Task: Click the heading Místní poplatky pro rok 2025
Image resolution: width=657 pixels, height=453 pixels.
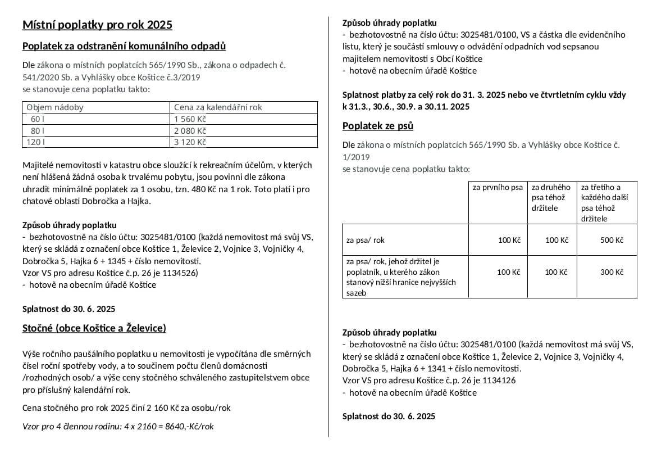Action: pyautogui.click(x=97, y=25)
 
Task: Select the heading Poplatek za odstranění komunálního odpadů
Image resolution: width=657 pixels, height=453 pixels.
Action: pyautogui.click(x=124, y=46)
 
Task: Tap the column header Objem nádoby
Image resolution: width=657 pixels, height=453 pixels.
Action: pyautogui.click(x=55, y=107)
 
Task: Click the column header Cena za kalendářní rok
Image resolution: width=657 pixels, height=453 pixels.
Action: pyautogui.click(x=218, y=107)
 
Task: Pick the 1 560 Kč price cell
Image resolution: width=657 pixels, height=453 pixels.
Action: pyautogui.click(x=190, y=119)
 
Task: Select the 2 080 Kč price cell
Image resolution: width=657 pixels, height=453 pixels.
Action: pyautogui.click(x=190, y=130)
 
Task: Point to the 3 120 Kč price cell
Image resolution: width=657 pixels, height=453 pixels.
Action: pyautogui.click(x=190, y=142)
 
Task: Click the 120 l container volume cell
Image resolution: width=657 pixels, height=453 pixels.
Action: pyautogui.click(x=35, y=142)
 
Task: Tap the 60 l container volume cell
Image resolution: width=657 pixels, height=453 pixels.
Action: pyautogui.click(x=38, y=119)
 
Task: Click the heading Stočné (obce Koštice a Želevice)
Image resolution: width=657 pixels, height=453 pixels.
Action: pyautogui.click(x=94, y=328)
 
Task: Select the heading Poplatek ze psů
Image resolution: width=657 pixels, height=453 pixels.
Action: pyautogui.click(x=378, y=125)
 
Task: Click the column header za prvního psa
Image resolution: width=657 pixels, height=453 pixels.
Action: pyautogui.click(x=498, y=187)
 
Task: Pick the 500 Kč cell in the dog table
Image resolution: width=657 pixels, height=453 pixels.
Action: pyautogui.click(x=612, y=240)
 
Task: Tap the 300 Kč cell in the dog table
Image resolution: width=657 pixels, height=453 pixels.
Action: pyautogui.click(x=612, y=272)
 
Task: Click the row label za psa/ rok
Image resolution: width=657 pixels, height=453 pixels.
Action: pyautogui.click(x=366, y=240)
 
